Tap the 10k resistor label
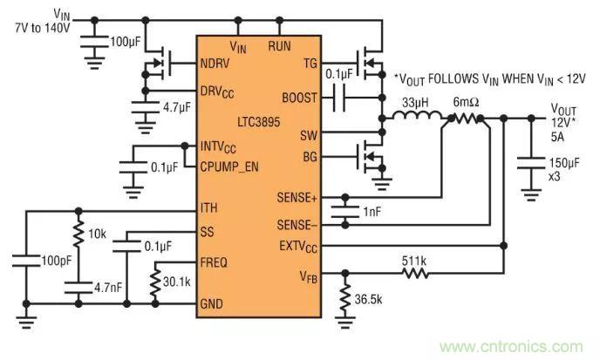point(97,236)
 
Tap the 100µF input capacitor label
point(119,42)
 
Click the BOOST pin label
point(300,96)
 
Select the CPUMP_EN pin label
point(234,166)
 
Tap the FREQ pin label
point(215,259)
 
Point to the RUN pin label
point(279,45)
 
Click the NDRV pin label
point(215,63)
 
